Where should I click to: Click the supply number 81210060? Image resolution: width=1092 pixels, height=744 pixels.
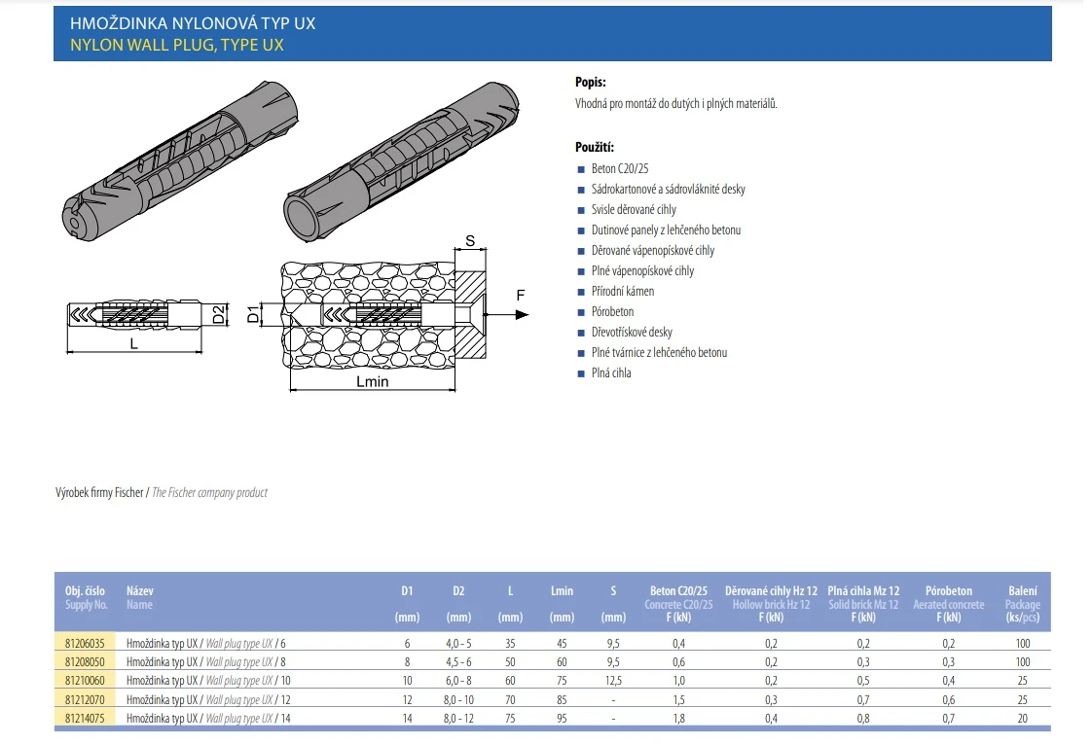[x=85, y=681]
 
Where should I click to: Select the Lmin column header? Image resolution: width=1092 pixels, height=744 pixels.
[x=562, y=590]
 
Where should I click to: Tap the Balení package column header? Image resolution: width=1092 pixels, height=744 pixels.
[x=1022, y=590]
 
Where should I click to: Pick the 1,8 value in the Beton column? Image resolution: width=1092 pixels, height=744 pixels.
[x=678, y=719]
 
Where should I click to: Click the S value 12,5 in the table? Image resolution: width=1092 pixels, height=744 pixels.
[x=613, y=681]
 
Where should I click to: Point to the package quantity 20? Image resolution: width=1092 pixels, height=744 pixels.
[x=1022, y=719]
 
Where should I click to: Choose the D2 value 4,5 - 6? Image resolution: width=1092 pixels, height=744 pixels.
[x=458, y=661]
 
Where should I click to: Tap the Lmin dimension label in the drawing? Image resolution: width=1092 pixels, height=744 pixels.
[x=371, y=382]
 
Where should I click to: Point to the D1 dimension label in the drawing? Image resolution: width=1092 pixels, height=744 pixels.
[x=251, y=314]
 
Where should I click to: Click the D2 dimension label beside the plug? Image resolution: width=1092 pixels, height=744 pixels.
[x=220, y=313]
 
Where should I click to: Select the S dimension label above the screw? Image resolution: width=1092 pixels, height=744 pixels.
[x=469, y=239]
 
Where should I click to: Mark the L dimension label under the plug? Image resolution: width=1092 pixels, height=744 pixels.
[x=133, y=344]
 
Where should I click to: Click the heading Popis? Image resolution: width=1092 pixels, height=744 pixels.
[x=591, y=83]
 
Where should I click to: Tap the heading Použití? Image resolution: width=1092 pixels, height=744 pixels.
[x=595, y=147]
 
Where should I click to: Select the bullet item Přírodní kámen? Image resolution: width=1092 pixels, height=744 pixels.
[x=622, y=291]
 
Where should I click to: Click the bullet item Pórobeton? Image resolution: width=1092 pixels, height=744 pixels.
[x=612, y=311]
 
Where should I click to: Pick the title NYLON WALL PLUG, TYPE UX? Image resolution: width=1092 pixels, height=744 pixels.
[x=177, y=45]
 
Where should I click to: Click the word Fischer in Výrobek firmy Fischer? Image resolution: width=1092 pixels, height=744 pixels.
[x=128, y=493]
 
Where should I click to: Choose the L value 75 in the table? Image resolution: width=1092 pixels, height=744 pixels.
[x=510, y=719]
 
